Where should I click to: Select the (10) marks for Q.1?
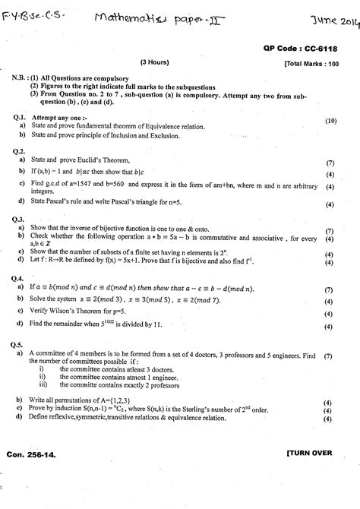(x=330, y=121)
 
